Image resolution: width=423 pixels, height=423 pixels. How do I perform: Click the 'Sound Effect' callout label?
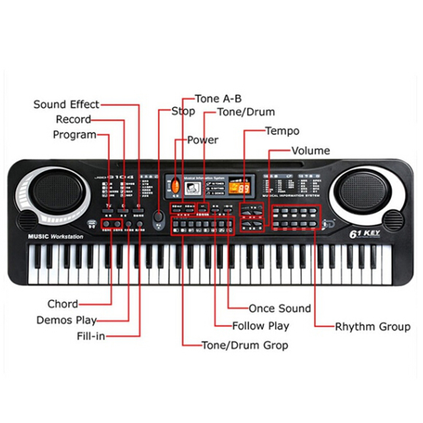[66, 104]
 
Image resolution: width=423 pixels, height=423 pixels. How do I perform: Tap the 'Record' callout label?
[73, 119]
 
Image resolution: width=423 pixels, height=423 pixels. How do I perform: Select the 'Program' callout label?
[74, 135]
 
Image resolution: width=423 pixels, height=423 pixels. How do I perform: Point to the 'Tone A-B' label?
[218, 99]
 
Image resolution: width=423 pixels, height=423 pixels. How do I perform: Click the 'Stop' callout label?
[183, 111]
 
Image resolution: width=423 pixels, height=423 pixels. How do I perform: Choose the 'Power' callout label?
[203, 140]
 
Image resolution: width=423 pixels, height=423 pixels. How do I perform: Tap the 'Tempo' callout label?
[282, 131]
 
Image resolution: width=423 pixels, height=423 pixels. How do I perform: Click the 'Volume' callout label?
[311, 151]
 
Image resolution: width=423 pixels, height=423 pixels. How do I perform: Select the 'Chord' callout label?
[63, 304]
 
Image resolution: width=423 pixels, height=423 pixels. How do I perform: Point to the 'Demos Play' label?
[67, 320]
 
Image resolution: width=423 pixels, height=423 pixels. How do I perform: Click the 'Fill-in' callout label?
[91, 336]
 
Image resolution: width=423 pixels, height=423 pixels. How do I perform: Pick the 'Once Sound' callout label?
[279, 308]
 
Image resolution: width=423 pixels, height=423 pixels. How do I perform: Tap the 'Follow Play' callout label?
[260, 326]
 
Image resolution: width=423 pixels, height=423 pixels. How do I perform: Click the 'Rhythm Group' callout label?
[372, 327]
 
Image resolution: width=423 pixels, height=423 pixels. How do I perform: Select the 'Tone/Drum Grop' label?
[245, 345]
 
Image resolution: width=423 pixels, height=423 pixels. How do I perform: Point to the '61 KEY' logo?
[365, 233]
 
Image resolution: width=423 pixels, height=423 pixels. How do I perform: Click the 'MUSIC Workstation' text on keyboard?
[55, 236]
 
